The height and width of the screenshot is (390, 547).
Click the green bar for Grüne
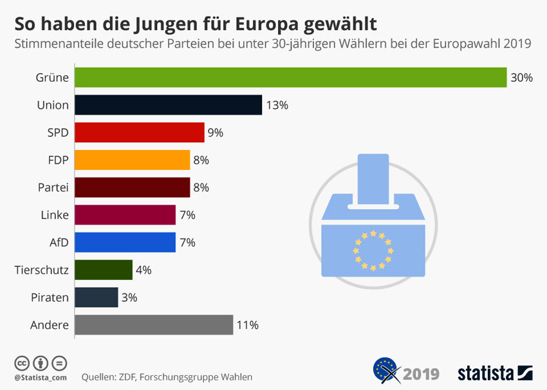tap(290, 77)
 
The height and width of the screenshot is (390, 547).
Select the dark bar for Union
tap(168, 105)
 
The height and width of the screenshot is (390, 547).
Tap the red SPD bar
tap(139, 133)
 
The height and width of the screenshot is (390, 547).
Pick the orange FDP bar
tap(132, 160)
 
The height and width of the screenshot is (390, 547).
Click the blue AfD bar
tap(125, 242)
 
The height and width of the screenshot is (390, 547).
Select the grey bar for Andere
tap(154, 325)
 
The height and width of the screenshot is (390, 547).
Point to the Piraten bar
tap(97, 297)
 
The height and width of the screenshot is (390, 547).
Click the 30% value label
tap(521, 78)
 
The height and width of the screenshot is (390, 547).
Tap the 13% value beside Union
tap(277, 106)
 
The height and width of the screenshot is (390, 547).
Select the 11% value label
tap(247, 326)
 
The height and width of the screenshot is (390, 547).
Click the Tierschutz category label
tap(42, 270)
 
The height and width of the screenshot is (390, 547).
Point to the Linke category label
tap(54, 215)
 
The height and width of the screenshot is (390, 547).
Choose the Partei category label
tap(53, 187)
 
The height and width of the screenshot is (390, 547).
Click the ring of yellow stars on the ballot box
tap(373, 249)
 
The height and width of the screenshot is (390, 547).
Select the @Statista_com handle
tap(41, 376)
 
